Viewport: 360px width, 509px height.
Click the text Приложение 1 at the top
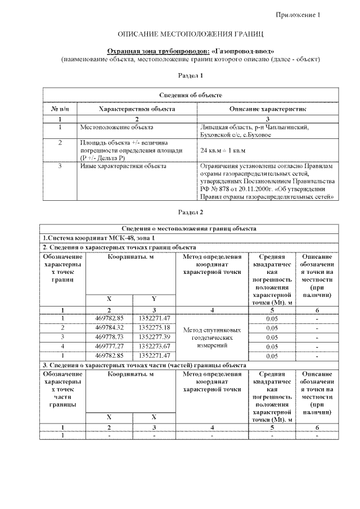pyautogui.click(x=298, y=15)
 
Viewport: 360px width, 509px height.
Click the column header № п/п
pyautogui.click(x=60, y=107)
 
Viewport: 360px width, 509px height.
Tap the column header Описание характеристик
pyautogui.click(x=267, y=107)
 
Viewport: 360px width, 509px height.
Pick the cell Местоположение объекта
pyautogui.click(x=116, y=128)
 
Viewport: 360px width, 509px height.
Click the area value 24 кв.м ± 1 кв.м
pyautogui.click(x=224, y=151)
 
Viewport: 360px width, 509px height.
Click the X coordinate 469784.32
pyautogui.click(x=109, y=327)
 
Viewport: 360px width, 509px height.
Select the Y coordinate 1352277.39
pyautogui.click(x=154, y=336)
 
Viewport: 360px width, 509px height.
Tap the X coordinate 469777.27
pyautogui.click(x=109, y=346)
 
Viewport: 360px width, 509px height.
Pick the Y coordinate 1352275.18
pyautogui.click(x=154, y=327)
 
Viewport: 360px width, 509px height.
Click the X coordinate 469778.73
pyautogui.click(x=109, y=336)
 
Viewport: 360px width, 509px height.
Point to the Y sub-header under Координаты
pyautogui.click(x=154, y=298)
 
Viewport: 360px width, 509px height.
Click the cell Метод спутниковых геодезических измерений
pyautogui.click(x=212, y=337)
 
